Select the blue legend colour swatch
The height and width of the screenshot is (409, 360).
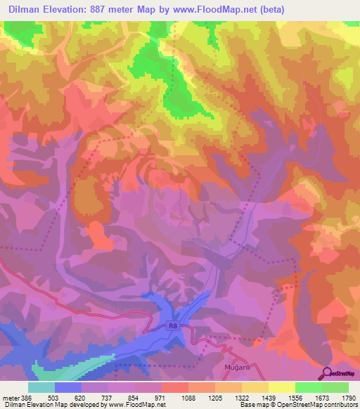[x=68, y=387]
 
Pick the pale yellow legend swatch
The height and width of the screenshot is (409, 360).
[x=281, y=387]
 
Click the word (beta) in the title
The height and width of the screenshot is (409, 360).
[x=302, y=9]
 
